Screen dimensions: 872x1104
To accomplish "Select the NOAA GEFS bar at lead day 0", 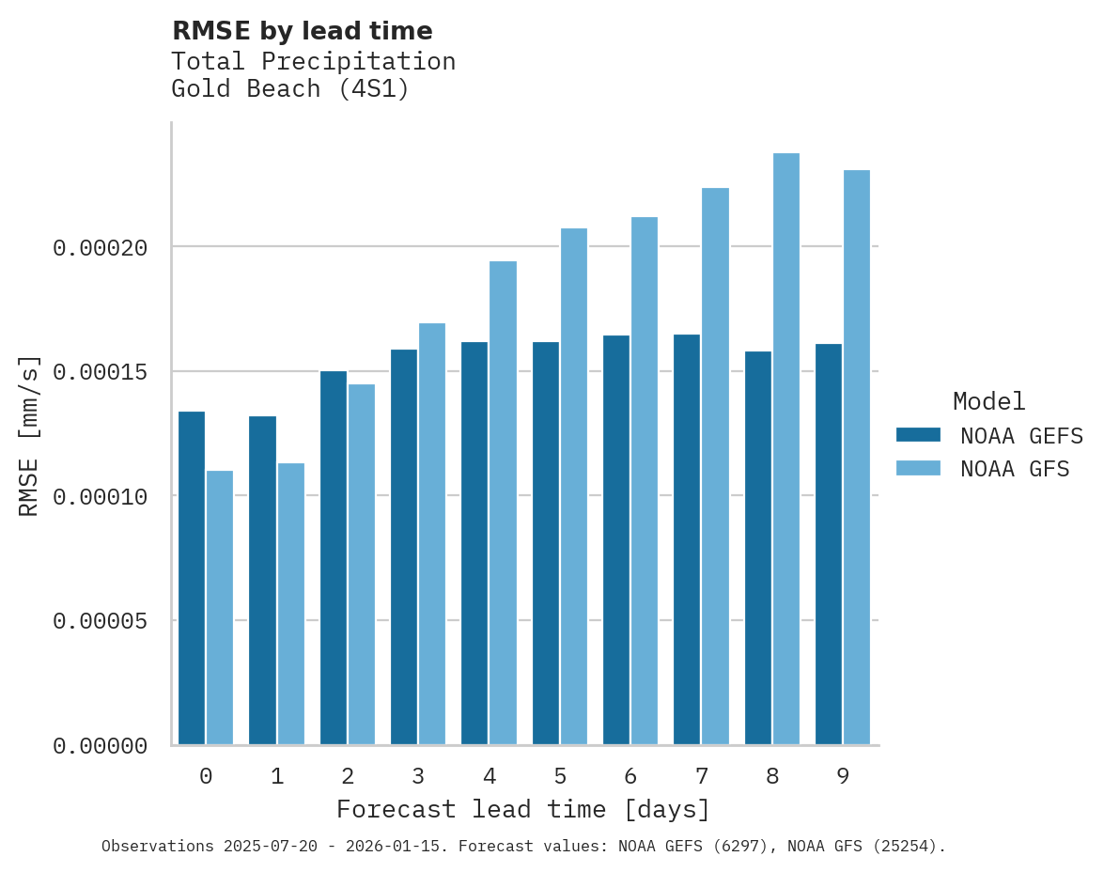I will pyautogui.click(x=192, y=578).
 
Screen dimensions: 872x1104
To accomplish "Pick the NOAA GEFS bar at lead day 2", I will pyautogui.click(x=334, y=558).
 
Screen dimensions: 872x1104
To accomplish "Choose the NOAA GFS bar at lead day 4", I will pyautogui.click(x=503, y=503).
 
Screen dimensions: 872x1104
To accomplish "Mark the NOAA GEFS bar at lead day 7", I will pyautogui.click(x=687, y=539).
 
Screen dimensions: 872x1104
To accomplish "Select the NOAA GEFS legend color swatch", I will pyautogui.click(x=918, y=434).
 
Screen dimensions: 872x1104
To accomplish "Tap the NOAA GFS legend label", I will pyautogui.click(x=1015, y=469).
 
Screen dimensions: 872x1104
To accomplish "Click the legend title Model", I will pyautogui.click(x=988, y=401).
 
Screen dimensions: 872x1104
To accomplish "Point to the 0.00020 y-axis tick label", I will pyautogui.click(x=101, y=248).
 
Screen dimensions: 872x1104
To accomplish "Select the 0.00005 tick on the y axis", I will pyautogui.click(x=101, y=621).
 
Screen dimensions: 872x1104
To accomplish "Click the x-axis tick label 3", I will pyautogui.click(x=418, y=777).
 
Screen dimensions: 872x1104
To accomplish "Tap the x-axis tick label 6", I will pyautogui.click(x=630, y=777).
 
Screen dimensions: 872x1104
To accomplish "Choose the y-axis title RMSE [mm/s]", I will pyautogui.click(x=29, y=435).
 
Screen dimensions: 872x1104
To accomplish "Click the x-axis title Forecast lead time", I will pyautogui.click(x=523, y=809).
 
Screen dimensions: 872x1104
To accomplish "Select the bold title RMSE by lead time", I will pyautogui.click(x=302, y=31).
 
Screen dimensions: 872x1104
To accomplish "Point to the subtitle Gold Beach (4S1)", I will pyautogui.click(x=290, y=90).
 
